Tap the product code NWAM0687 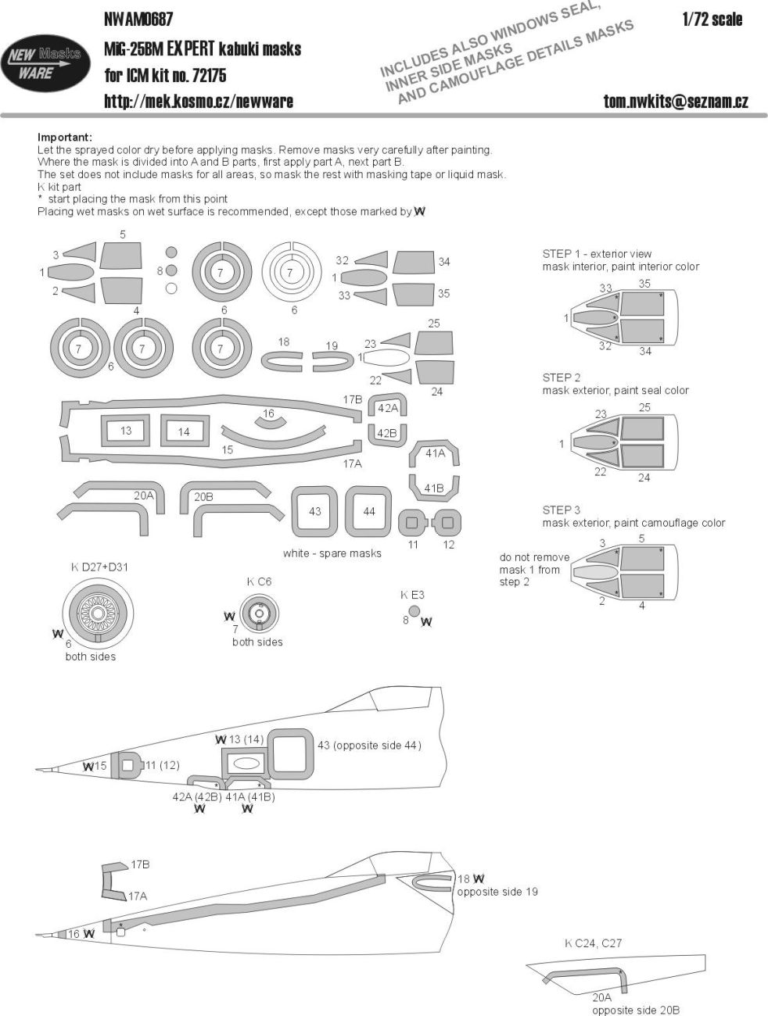pos(138,19)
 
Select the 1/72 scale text pos(712,20)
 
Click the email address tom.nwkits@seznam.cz pos(676,101)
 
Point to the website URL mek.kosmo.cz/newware pos(199,101)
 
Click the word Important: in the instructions pos(65,138)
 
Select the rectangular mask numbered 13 pos(126,431)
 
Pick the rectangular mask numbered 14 pos(183,431)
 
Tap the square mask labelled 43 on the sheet pos(314,511)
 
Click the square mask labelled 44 pos(369,511)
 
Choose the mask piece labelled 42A pos(387,408)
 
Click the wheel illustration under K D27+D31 pos(99,614)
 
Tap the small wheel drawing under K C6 pos(257,615)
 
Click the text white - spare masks pos(332,553)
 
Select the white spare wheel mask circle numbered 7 pos(290,272)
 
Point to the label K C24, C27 pos(593,943)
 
